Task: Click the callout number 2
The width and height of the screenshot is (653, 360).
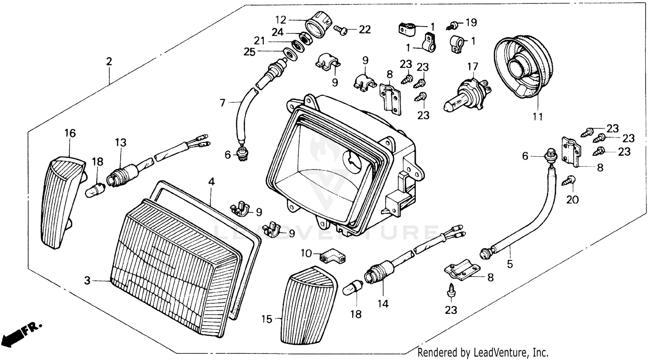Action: point(109,61)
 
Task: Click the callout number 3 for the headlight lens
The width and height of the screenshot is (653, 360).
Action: point(88,281)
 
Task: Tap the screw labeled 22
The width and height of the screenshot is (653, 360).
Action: point(341,30)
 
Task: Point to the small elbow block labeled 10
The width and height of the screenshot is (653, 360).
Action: point(333,257)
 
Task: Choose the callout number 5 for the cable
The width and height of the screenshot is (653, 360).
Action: point(510,263)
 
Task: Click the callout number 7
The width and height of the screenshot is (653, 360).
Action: point(222,103)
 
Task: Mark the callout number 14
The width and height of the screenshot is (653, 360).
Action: point(383,303)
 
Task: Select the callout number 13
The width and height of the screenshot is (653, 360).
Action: point(121,142)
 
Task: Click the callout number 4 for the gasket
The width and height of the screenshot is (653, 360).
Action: point(211,181)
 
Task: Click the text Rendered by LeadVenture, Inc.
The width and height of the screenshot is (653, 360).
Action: point(483,352)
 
